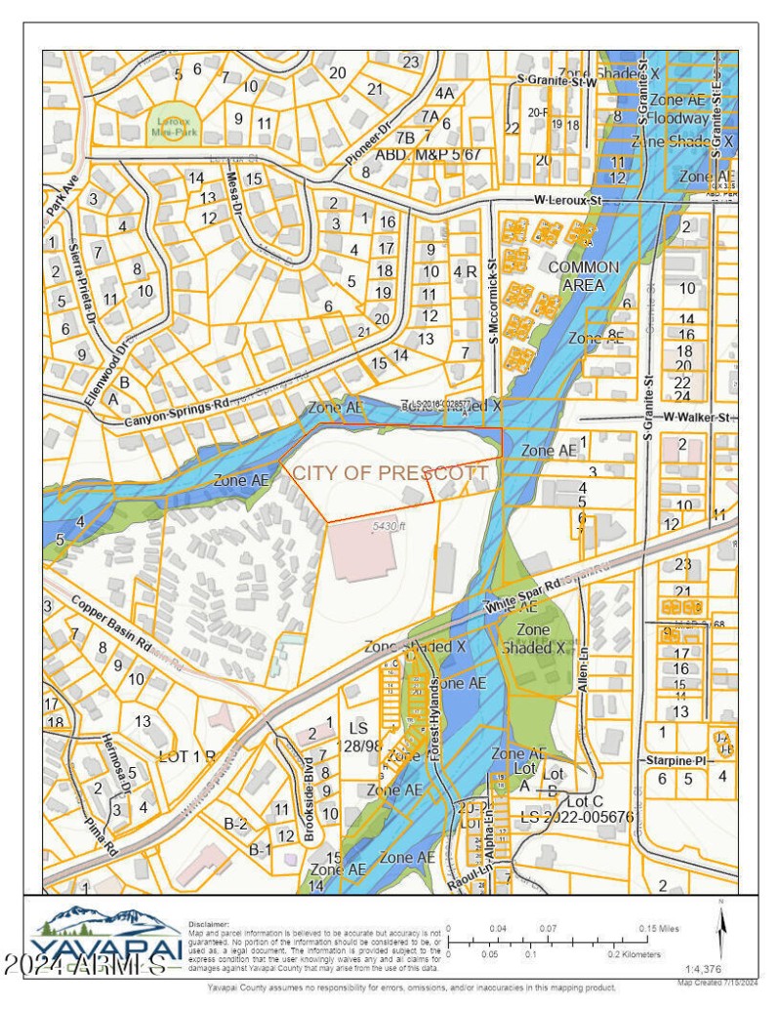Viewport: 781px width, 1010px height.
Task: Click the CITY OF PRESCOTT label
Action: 390,473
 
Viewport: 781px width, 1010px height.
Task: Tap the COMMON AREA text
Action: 583,276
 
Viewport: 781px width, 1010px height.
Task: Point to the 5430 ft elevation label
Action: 388,527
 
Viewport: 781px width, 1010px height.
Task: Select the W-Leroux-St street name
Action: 569,201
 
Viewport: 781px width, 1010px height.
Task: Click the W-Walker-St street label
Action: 696,418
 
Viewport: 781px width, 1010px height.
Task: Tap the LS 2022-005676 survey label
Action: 577,815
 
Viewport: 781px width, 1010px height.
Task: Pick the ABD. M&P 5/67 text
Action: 429,154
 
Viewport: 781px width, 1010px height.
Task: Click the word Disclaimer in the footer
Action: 208,922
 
